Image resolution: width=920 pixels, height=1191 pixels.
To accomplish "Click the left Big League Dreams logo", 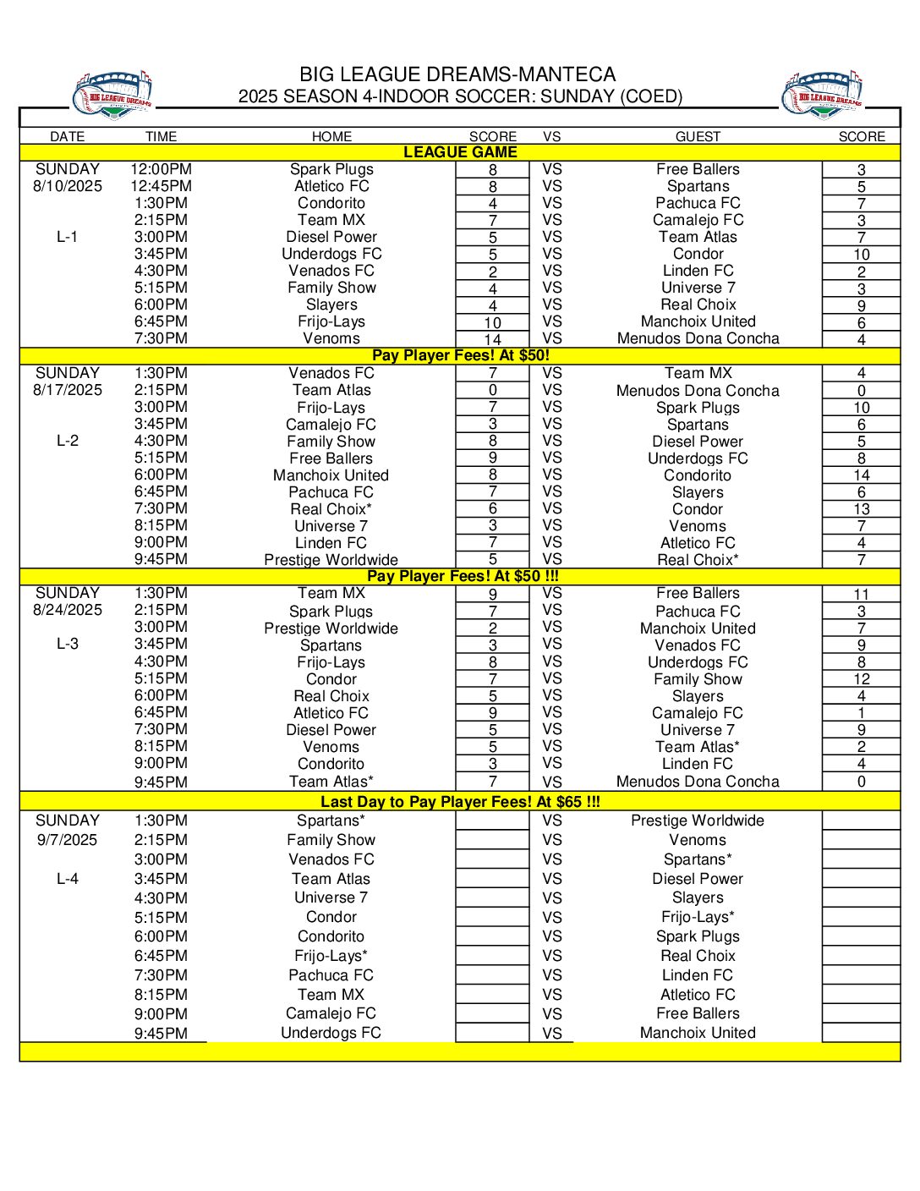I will click(112, 95).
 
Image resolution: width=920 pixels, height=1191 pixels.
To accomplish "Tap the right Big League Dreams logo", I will click(823, 95).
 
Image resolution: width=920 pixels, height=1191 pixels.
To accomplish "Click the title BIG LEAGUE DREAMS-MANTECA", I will click(457, 74).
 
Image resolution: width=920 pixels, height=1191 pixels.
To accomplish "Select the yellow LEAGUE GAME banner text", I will click(460, 152).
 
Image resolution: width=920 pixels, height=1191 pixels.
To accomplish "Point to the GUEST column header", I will click(698, 136).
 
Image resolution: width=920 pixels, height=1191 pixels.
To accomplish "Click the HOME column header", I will click(331, 136).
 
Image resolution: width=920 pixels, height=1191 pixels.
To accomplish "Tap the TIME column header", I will click(161, 136).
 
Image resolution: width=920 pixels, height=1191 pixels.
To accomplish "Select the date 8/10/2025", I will click(68, 186).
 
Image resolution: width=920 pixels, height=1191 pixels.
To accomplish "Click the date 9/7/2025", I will click(68, 840).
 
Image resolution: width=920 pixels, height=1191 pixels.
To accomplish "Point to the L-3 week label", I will click(68, 644).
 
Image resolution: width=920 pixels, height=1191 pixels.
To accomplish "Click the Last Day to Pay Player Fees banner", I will click(460, 802).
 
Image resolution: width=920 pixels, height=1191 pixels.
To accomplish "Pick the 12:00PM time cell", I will click(161, 169).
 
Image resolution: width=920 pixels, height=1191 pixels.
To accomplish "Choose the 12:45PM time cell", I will click(161, 186).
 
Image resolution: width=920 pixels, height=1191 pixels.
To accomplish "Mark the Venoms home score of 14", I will click(492, 339).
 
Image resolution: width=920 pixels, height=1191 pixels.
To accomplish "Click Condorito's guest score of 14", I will click(861, 475).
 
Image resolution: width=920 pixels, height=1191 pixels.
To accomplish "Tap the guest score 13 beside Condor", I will click(861, 509).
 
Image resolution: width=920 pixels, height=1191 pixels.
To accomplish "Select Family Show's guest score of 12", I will click(861, 679).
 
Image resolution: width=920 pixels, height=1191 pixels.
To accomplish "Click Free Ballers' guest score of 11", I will click(861, 595).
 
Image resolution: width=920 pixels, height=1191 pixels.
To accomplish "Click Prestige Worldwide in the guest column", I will click(698, 821).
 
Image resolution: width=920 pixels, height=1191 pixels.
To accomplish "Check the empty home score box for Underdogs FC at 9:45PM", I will click(492, 1033).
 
